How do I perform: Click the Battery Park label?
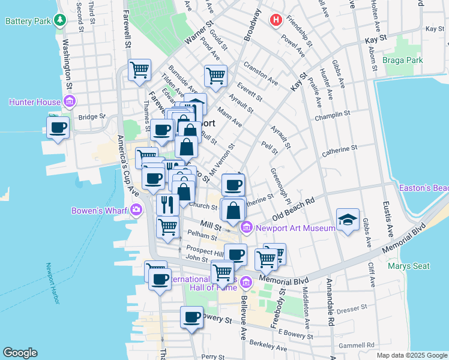click(27, 21)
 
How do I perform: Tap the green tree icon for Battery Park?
click(59, 20)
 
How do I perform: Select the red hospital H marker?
click(276, 20)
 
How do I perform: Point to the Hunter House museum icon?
click(70, 102)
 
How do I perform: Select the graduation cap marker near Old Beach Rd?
click(348, 220)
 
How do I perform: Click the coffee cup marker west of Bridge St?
click(58, 128)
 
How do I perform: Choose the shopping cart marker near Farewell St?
click(139, 70)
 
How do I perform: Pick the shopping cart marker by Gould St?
click(215, 76)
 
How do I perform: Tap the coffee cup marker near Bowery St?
click(192, 317)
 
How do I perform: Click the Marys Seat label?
click(408, 266)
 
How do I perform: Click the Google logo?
click(20, 353)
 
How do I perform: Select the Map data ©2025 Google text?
click(411, 355)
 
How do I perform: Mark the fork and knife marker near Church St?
click(167, 204)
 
